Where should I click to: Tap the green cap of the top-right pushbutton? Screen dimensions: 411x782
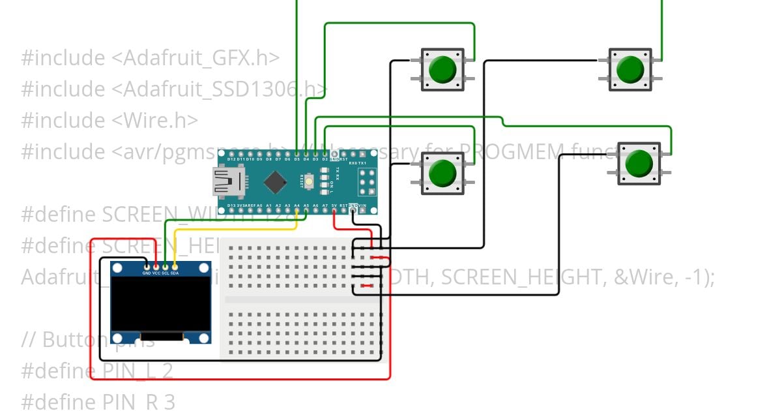(x=630, y=68)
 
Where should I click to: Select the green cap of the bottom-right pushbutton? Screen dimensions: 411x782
(x=638, y=164)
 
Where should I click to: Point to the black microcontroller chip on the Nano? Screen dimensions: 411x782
(x=276, y=182)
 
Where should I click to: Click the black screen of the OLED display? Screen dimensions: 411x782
(x=160, y=304)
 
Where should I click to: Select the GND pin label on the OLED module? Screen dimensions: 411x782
(x=147, y=273)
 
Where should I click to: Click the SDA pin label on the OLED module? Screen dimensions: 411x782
(x=175, y=273)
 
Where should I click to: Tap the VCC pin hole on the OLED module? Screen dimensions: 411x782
(x=156, y=266)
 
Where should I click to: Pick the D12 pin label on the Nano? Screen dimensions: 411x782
(x=231, y=159)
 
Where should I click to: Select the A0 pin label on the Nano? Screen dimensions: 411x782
(x=260, y=205)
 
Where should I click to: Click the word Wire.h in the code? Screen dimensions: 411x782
(x=159, y=120)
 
